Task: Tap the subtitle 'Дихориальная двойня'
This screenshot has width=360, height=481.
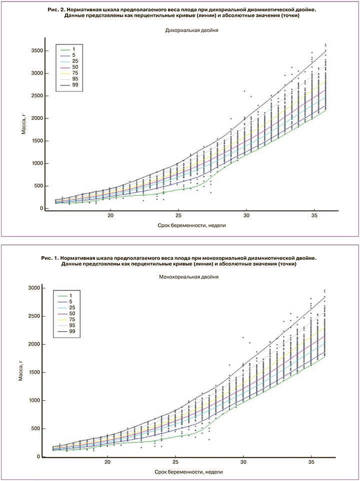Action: click(x=192, y=30)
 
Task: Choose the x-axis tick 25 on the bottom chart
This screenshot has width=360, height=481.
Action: click(x=175, y=462)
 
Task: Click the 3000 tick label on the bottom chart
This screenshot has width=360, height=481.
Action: click(x=34, y=288)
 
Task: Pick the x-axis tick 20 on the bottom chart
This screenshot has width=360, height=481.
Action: click(x=107, y=462)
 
